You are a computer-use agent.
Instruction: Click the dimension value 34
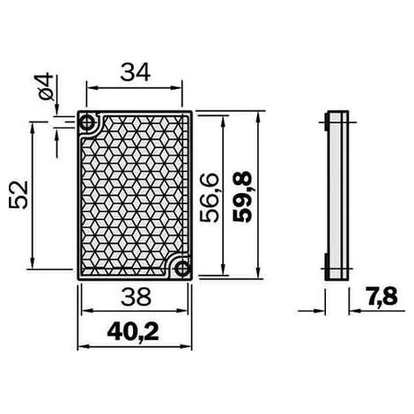pyautogui.click(x=136, y=72)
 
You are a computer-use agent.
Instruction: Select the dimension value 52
pyautogui.click(x=18, y=195)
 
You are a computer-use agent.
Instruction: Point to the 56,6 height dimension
pyautogui.click(x=209, y=197)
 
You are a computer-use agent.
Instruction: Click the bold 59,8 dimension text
pyautogui.click(x=242, y=196)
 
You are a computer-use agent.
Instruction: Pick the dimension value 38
pyautogui.click(x=136, y=296)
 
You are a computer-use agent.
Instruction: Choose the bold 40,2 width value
pyautogui.click(x=133, y=332)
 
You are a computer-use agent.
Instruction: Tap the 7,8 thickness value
pyautogui.click(x=381, y=296)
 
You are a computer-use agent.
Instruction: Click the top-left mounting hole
pyautogui.click(x=87, y=122)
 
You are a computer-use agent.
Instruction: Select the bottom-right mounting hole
pyautogui.click(x=182, y=269)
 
